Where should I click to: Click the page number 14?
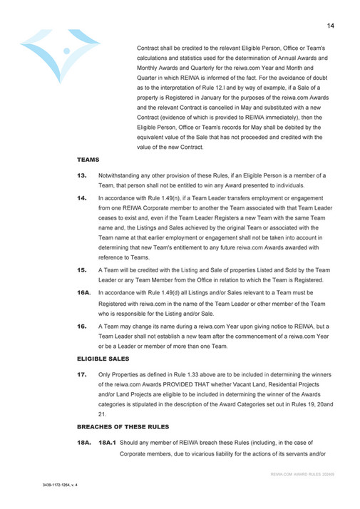331,26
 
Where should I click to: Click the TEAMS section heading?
88,160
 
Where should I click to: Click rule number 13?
82,175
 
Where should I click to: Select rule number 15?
82,271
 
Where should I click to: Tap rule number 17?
82,375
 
